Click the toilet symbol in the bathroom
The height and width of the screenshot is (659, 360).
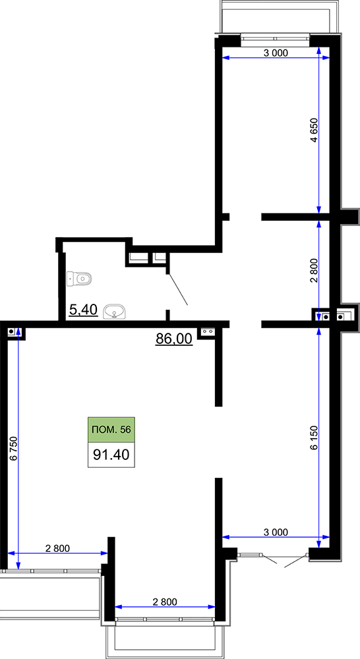pyautogui.click(x=80, y=278)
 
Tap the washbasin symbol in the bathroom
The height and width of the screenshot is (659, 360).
pyautogui.click(x=113, y=312)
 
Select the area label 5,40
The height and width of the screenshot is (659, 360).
pyautogui.click(x=84, y=310)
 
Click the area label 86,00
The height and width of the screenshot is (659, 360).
pyautogui.click(x=174, y=337)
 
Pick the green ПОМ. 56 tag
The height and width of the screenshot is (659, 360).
pyautogui.click(x=111, y=430)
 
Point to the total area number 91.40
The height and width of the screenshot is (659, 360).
pyautogui.click(x=111, y=455)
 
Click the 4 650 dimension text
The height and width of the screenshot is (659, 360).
pyautogui.click(x=314, y=131)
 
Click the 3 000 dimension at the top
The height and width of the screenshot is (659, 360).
pyautogui.click(x=276, y=53)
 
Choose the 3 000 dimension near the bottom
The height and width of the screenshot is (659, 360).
pyautogui.click(x=276, y=532)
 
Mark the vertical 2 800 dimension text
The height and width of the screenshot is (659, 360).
pyautogui.click(x=314, y=272)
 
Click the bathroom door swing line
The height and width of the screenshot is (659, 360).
pyautogui.click(x=178, y=289)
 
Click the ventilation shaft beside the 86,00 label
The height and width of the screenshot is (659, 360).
pyautogui.click(x=207, y=331)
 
